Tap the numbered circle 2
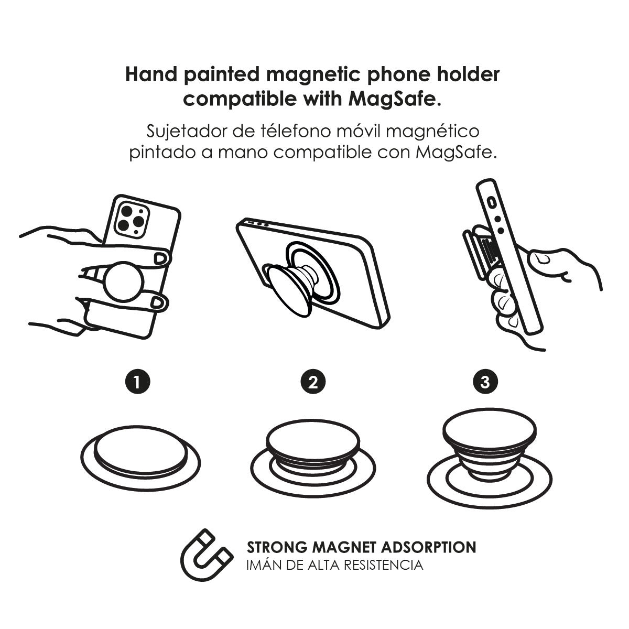tap(313, 381)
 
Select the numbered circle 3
tap(485, 381)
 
